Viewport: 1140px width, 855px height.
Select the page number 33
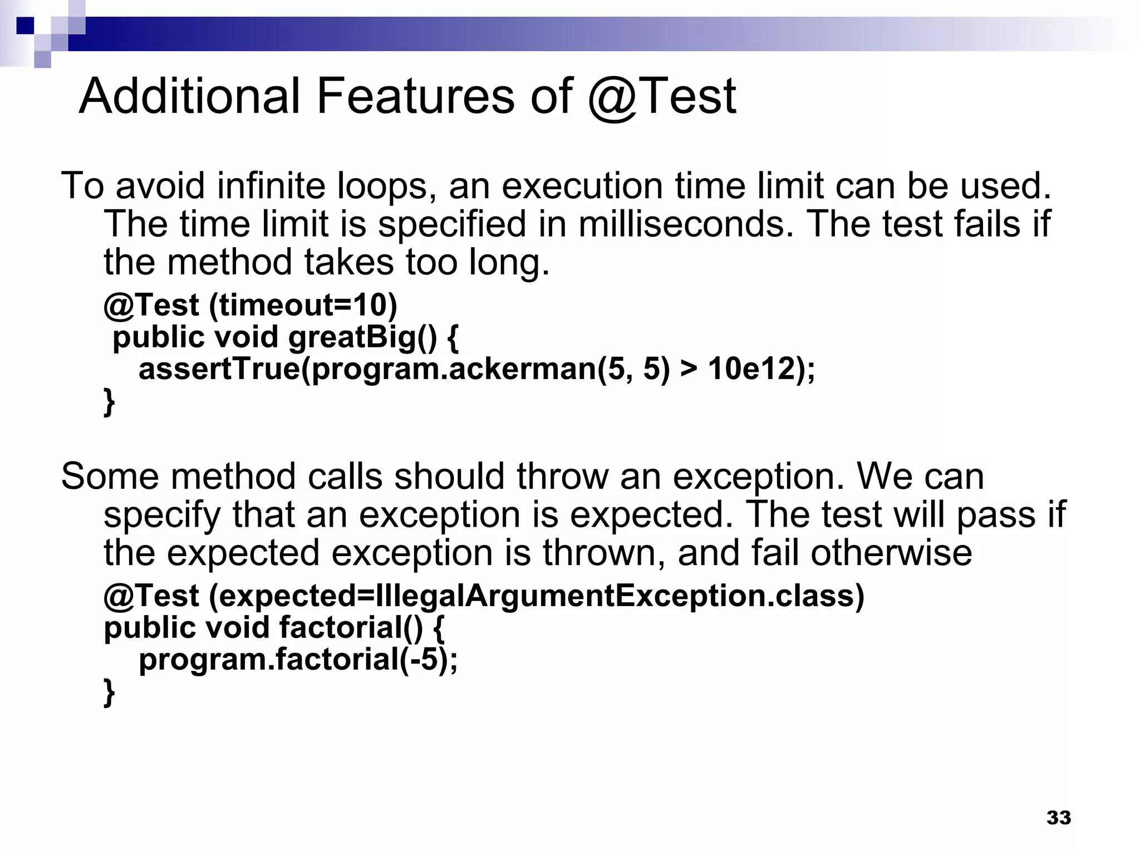click(1059, 818)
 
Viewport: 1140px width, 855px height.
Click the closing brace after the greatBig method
click(110, 402)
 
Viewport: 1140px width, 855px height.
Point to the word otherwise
click(891, 553)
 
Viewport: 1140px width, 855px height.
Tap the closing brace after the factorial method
click(110, 692)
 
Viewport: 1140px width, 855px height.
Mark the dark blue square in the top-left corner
click(25, 26)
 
